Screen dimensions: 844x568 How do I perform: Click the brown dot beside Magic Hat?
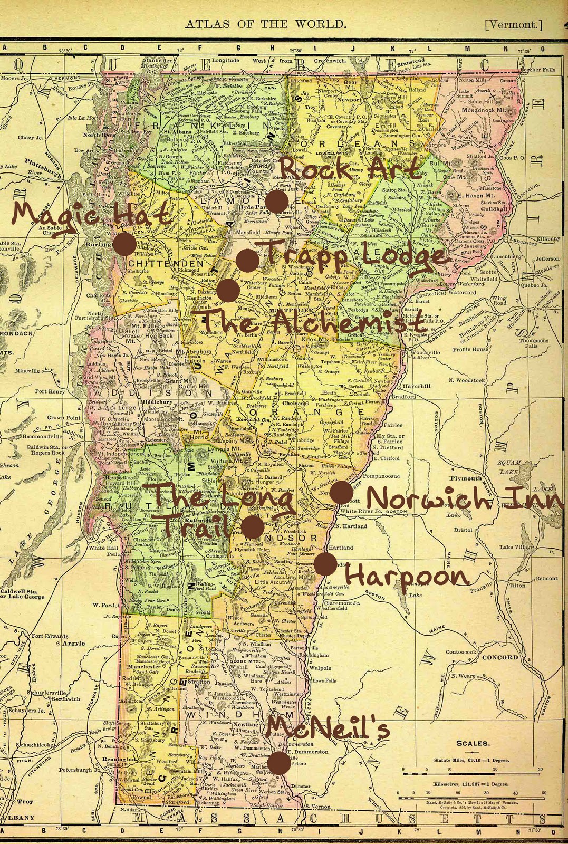point(125,245)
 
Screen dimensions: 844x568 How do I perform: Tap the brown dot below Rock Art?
point(276,202)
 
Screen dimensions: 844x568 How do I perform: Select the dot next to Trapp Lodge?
point(247,260)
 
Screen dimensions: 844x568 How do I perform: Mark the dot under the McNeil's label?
point(280,763)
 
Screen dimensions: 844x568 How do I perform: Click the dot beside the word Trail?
point(253,526)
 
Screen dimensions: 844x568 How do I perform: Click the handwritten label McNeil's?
point(328,730)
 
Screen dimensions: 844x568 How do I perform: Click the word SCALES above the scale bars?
point(473,744)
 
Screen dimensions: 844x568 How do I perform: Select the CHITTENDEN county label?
point(158,263)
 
